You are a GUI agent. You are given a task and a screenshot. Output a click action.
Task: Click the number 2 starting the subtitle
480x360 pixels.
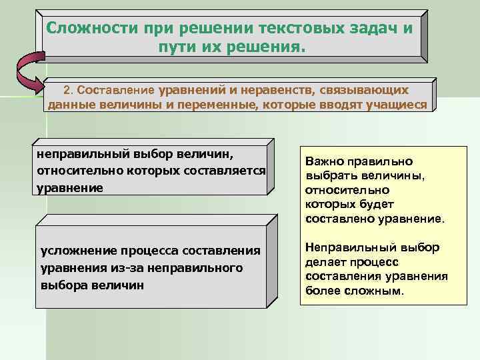pyautogui.click(x=66, y=89)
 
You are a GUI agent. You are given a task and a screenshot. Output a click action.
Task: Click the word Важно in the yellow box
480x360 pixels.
pyautogui.click(x=323, y=161)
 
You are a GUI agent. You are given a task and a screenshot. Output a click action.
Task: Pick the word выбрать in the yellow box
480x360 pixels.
pyautogui.click(x=329, y=176)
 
